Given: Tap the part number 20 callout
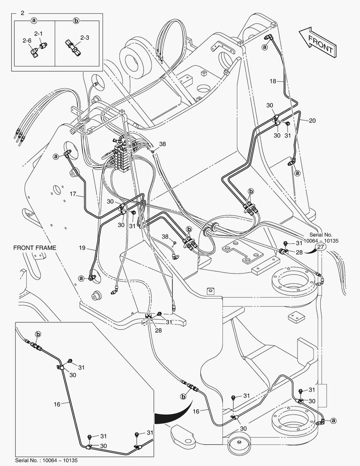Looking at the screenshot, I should [x=312, y=120].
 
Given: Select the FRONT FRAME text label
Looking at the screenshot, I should [x=34, y=248].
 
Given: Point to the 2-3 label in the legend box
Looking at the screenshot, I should [x=84, y=38].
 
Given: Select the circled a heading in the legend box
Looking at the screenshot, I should [x=34, y=20].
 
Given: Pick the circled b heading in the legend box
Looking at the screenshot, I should [x=76, y=20].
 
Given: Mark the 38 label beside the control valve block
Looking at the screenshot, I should [x=162, y=144].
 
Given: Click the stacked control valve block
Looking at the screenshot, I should [x=121, y=153].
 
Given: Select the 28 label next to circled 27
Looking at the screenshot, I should [x=299, y=252].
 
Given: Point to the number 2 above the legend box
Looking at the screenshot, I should [x=22, y=13].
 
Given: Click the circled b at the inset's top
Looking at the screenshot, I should [x=38, y=334].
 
